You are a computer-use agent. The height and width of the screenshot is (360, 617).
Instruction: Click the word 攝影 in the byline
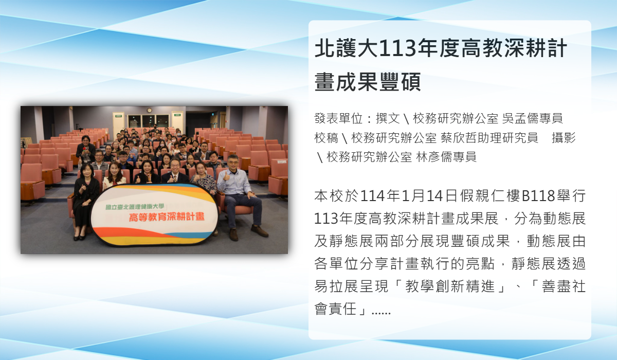tap(564, 138)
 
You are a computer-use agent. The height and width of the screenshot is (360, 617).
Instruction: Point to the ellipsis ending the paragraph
tap(381, 312)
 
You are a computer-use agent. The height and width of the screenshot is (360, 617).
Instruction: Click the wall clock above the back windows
tap(149, 110)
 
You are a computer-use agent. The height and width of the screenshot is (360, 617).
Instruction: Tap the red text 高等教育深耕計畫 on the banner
tap(167, 217)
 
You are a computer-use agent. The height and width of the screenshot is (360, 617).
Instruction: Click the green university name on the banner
tap(135, 207)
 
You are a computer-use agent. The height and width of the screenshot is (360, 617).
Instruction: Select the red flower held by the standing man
tap(84, 149)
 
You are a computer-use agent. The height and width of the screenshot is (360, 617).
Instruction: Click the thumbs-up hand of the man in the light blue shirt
tap(227, 176)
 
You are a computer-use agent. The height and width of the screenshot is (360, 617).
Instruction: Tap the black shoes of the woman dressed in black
tap(79, 237)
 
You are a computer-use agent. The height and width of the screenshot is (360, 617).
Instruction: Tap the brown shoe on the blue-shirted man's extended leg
tap(259, 231)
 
